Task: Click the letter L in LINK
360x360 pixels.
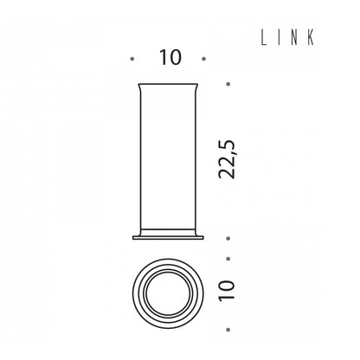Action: click(x=263, y=38)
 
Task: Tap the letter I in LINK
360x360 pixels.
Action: click(x=277, y=38)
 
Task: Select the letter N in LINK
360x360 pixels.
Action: click(x=293, y=38)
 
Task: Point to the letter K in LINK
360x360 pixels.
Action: click(x=311, y=38)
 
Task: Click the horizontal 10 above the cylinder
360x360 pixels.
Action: click(x=170, y=57)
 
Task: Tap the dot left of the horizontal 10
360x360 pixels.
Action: click(x=132, y=59)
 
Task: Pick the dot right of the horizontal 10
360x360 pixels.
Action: click(x=204, y=59)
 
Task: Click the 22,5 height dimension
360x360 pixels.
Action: click(x=228, y=159)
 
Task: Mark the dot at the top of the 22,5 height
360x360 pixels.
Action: click(x=228, y=84)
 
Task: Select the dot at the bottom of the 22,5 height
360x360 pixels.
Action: click(x=228, y=239)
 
